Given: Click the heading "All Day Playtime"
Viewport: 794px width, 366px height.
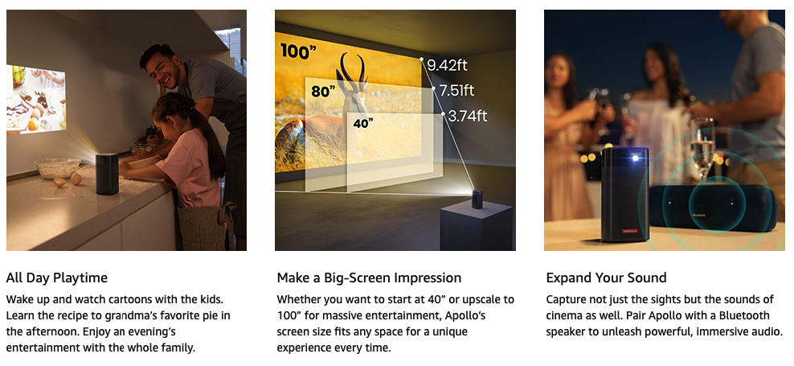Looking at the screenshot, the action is tap(57, 278).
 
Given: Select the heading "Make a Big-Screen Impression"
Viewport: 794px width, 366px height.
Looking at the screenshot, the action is tap(369, 278).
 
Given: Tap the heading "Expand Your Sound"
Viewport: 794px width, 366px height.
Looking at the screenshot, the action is tap(606, 278).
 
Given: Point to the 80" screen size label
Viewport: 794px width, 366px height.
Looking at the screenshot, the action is tap(324, 92).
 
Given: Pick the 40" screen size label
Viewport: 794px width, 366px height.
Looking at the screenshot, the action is tap(363, 123).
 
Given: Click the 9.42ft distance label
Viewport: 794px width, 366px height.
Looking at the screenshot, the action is tap(447, 65).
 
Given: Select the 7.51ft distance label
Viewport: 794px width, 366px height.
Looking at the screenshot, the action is tap(456, 91).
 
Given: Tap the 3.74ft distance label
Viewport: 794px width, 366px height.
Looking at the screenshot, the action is tap(468, 116).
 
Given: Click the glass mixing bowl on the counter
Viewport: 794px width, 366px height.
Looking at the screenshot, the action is tap(57, 168).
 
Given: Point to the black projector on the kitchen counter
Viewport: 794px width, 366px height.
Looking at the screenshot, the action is tap(107, 174).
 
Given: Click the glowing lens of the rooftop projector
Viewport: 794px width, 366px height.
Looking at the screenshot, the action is tap(635, 158).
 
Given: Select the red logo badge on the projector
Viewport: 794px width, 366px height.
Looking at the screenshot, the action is tap(628, 232).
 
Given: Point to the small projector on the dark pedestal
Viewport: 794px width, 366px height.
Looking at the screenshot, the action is tap(477, 199).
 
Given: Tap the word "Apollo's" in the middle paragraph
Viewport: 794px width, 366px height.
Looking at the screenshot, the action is tap(465, 316).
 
